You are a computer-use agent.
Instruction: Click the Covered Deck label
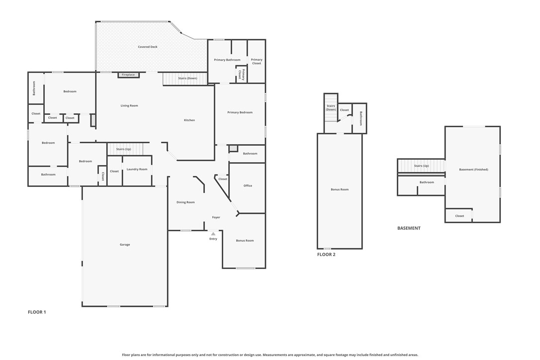point(148,47)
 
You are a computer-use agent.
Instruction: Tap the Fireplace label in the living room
point(128,75)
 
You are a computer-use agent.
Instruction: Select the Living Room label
point(129,105)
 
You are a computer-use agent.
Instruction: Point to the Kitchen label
point(189,120)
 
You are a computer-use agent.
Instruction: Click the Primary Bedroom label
point(240,112)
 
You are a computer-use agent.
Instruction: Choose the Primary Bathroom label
point(227,60)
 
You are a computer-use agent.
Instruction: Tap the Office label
point(248,185)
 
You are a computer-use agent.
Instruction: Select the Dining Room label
point(185,202)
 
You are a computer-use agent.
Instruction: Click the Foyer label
point(216,217)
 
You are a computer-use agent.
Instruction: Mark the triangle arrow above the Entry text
point(213,233)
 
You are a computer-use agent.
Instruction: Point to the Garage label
point(125,244)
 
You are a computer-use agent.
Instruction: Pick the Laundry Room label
point(137,169)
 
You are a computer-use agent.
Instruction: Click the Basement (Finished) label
point(473,169)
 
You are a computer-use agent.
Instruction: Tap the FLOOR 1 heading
point(37,312)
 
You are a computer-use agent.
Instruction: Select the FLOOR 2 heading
point(326,255)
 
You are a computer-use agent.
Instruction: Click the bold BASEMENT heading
point(409,228)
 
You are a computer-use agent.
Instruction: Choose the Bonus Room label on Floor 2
point(340,189)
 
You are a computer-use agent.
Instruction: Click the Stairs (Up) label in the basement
point(421,166)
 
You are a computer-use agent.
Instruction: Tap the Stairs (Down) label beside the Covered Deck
point(187,78)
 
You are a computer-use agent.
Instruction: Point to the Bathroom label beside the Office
point(250,153)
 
